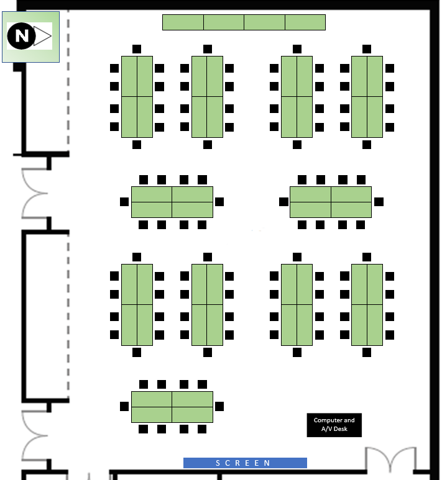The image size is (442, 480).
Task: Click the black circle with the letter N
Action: tap(21, 36)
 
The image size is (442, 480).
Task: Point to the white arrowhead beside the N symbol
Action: tap(42, 36)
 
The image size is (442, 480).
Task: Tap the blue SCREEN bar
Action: tap(245, 463)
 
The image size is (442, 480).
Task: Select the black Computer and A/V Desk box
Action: tap(334, 425)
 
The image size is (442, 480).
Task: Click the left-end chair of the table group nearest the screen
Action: tap(124, 407)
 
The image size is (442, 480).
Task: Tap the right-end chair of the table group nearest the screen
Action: tap(219, 407)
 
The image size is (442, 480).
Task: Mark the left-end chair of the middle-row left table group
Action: tap(124, 202)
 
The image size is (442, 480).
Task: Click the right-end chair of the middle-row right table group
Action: tap(379, 202)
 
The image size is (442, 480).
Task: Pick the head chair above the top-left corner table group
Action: tap(137, 49)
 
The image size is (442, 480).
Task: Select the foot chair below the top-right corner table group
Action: tap(367, 145)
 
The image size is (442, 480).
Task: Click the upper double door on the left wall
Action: tap(34, 193)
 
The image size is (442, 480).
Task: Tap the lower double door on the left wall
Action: tap(34, 436)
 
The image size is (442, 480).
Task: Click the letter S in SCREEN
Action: tap(218, 463)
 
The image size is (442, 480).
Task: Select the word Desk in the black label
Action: tap(340, 429)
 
